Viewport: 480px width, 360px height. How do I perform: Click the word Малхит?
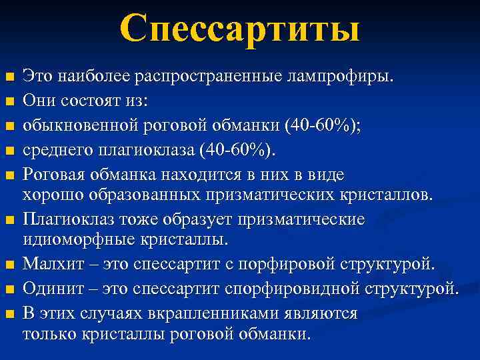pos(54,265)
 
